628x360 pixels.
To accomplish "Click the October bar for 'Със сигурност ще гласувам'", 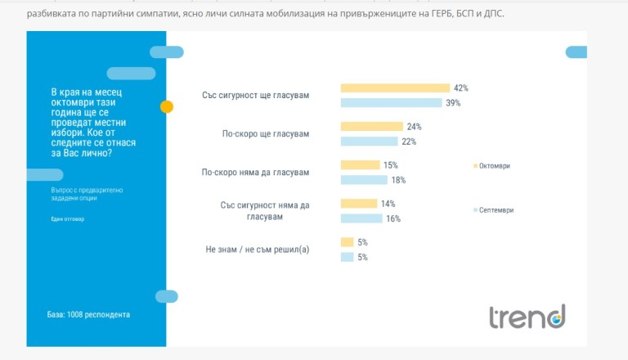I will click(x=395, y=88).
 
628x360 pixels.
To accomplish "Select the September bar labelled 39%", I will click(x=391, y=103).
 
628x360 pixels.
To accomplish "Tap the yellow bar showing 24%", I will click(x=371, y=127).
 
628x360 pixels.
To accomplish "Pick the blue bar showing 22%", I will click(x=369, y=142).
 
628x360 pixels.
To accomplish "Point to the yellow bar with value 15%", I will click(x=360, y=165).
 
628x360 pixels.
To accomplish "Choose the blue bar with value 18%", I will click(x=364, y=180).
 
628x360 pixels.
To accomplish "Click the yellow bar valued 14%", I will click(x=358, y=204).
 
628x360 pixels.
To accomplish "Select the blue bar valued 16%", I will click(x=361, y=218).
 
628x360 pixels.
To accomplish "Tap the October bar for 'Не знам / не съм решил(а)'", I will click(x=347, y=242).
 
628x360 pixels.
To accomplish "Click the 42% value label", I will click(x=461, y=88).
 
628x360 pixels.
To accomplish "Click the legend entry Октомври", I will click(x=494, y=166).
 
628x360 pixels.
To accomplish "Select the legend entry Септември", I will click(x=496, y=210).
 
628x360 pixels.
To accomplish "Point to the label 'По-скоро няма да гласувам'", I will click(x=255, y=173).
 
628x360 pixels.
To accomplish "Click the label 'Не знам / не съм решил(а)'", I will click(x=258, y=250).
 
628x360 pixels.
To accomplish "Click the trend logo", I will click(x=527, y=315).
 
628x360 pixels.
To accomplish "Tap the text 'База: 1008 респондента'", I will click(x=88, y=314).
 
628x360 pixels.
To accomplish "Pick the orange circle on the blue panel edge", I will click(x=167, y=106).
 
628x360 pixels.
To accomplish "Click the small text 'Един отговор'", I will click(x=67, y=218).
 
